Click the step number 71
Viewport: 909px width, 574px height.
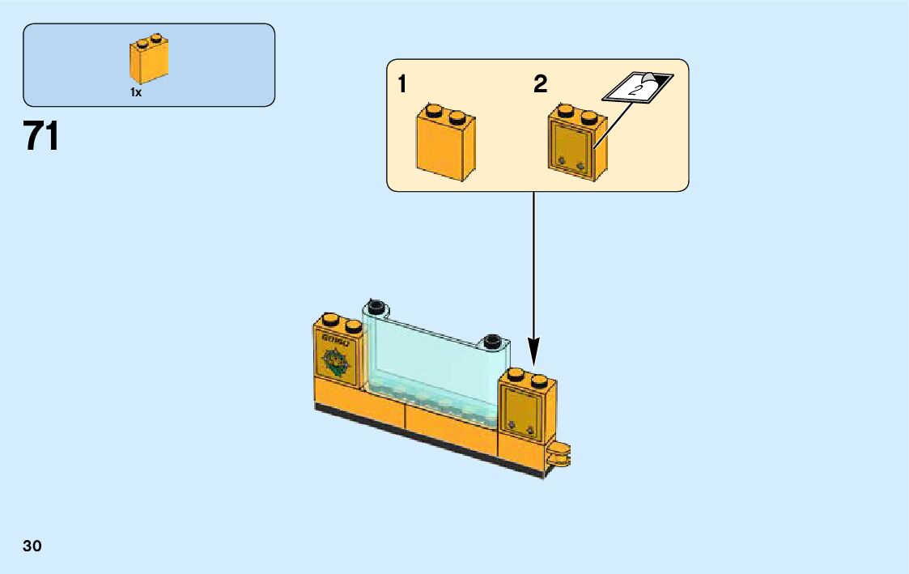(41, 137)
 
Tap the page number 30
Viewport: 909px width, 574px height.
(32, 546)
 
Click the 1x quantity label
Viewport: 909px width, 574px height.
(136, 93)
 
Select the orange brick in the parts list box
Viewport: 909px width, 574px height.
(149, 60)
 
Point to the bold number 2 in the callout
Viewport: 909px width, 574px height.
(541, 85)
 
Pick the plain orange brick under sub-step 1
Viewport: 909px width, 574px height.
(445, 142)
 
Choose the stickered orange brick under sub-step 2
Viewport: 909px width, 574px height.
(577, 143)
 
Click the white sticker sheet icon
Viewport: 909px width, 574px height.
(639, 86)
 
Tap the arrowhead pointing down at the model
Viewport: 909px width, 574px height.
(534, 356)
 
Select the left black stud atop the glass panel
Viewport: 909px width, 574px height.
(374, 306)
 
